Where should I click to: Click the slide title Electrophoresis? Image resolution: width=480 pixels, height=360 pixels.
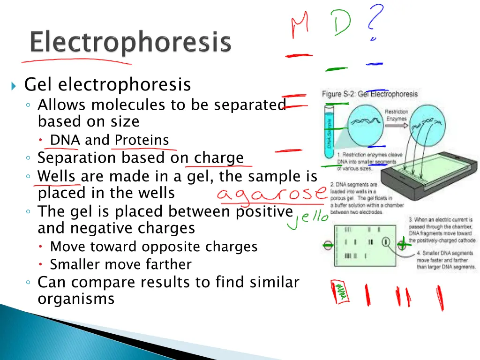coord(130,43)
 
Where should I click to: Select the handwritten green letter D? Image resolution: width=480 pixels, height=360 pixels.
coord(341,22)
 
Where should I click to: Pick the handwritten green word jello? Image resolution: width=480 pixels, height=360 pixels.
coord(307,220)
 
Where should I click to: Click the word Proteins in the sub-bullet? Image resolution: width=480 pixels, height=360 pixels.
coord(142,140)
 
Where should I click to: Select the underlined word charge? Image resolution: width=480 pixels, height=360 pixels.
coord(219,157)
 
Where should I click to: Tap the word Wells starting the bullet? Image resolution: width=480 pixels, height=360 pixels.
coord(56,176)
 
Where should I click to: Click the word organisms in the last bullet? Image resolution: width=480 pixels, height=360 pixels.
coord(76,299)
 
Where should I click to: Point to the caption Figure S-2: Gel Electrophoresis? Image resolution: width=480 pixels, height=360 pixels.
coord(369,94)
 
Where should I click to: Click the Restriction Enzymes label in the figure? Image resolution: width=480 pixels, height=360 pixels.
coord(397,115)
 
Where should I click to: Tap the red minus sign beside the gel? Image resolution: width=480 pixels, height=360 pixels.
coord(328,245)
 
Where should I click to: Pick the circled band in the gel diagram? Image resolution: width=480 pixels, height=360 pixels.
coord(385,242)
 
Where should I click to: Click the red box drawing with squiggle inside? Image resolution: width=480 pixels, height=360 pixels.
coord(341,292)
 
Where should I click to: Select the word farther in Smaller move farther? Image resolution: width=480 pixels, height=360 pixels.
coord(171,264)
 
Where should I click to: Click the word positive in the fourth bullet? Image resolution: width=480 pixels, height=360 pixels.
coord(263,211)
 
